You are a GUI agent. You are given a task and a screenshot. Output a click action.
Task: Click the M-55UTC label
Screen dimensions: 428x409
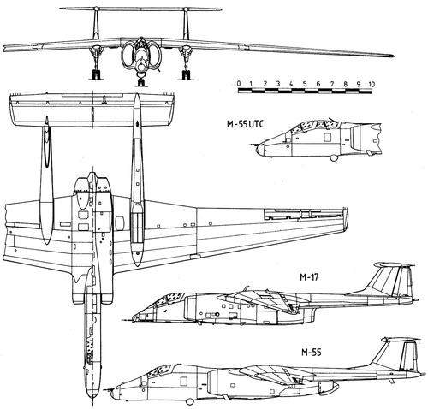point(245,124)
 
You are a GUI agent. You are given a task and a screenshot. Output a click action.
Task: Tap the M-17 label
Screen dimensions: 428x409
point(309,277)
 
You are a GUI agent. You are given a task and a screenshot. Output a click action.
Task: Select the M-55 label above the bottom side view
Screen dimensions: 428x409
point(312,353)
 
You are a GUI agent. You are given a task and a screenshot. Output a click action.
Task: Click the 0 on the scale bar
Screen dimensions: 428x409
point(239,84)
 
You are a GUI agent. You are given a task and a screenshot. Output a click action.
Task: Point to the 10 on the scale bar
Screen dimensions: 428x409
point(372,84)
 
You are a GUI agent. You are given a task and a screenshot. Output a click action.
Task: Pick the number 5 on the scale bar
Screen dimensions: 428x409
point(305,84)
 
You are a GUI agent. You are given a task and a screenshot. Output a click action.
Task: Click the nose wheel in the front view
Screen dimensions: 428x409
point(140,82)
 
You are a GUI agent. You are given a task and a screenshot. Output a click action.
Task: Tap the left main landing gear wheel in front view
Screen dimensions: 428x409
point(96,75)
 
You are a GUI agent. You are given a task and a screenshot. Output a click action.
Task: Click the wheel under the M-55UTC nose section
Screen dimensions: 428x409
point(333,157)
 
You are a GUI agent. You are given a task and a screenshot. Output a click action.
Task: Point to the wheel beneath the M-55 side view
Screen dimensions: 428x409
point(189,401)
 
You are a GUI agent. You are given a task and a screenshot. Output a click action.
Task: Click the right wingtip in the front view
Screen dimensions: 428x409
point(393,56)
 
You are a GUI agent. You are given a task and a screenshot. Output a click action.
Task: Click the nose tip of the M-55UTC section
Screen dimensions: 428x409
point(258,151)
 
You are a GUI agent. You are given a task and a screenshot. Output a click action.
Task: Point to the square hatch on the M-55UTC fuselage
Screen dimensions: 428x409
point(327,138)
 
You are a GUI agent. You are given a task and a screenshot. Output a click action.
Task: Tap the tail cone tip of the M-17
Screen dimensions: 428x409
point(416,300)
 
